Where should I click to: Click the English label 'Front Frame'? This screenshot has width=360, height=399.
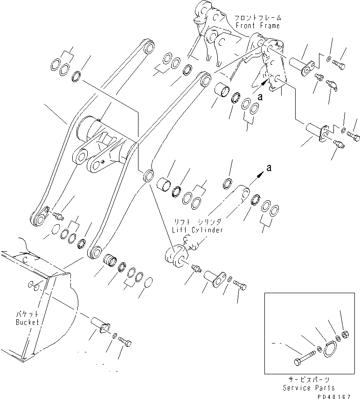(257, 26)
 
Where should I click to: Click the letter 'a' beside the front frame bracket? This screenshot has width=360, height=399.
(260, 97)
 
